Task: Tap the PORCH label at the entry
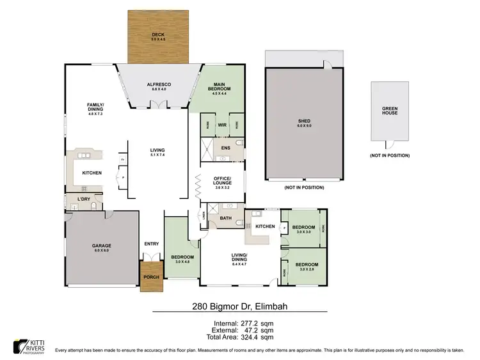coord(151,277)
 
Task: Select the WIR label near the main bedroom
coord(222,125)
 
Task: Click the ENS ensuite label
coord(225,148)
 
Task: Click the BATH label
coord(225,219)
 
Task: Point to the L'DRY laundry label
coord(83,200)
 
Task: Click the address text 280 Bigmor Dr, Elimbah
coord(239,306)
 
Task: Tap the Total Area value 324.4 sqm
coord(262,336)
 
